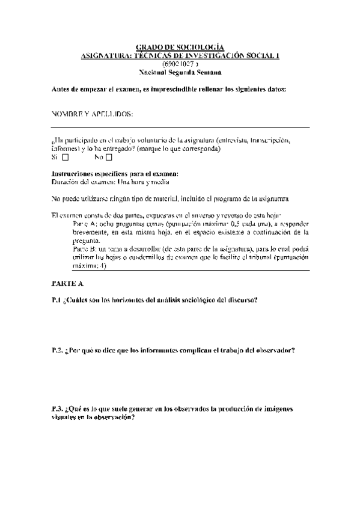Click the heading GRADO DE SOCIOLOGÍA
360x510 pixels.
click(180, 47)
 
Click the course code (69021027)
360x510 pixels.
click(180, 63)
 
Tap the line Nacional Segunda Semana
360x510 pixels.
click(180, 72)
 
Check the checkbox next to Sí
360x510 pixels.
click(66, 158)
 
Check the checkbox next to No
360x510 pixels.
click(109, 158)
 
